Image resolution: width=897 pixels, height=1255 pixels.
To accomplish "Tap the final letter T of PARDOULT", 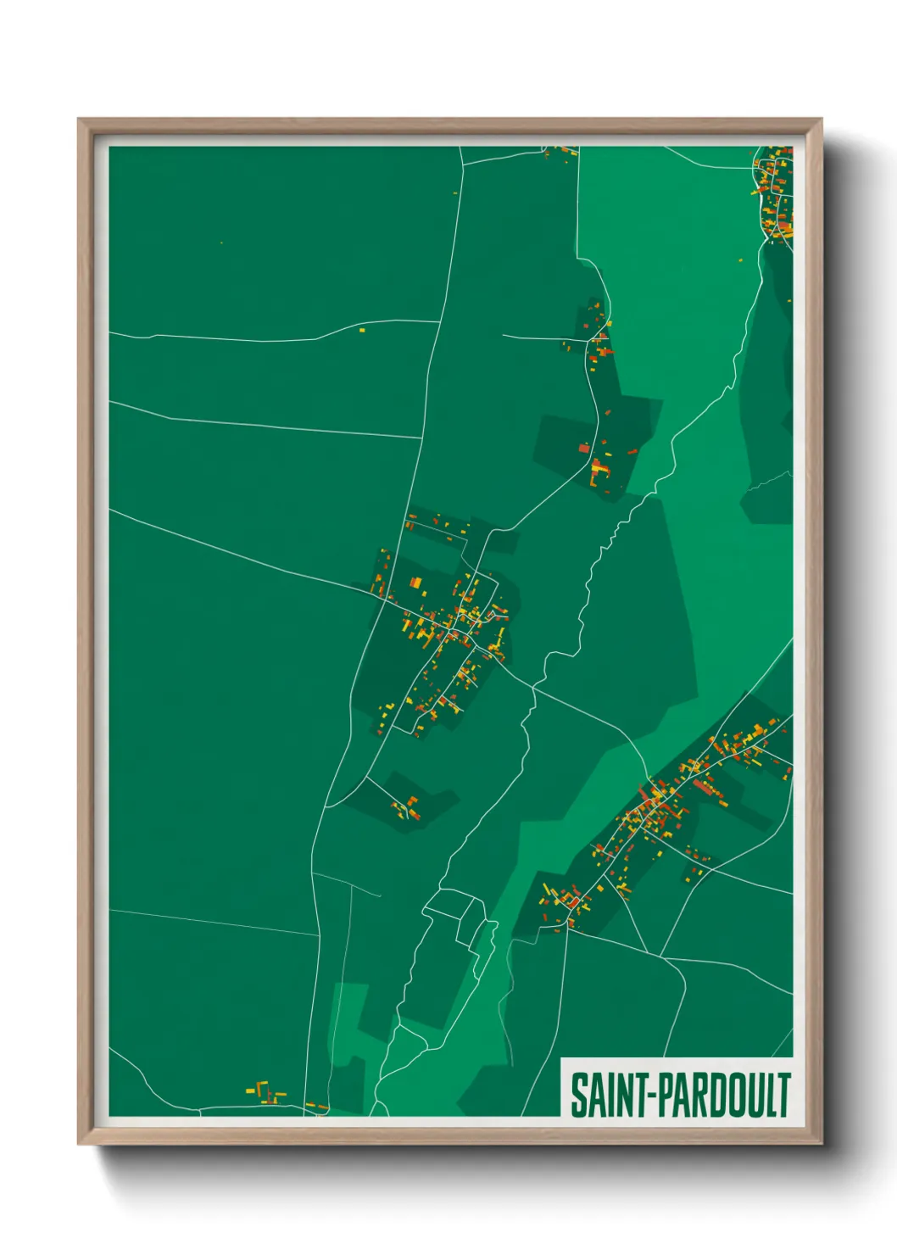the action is pyautogui.click(x=784, y=1095).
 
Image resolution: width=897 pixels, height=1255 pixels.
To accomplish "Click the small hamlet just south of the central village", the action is pyautogui.click(x=405, y=806).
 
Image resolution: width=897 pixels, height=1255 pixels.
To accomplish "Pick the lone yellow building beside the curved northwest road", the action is pyautogui.click(x=362, y=330).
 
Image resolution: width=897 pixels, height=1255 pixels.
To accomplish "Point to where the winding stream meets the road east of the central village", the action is pyautogui.click(x=534, y=687).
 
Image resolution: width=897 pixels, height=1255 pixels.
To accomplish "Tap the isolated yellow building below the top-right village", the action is pyautogui.click(x=740, y=260).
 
